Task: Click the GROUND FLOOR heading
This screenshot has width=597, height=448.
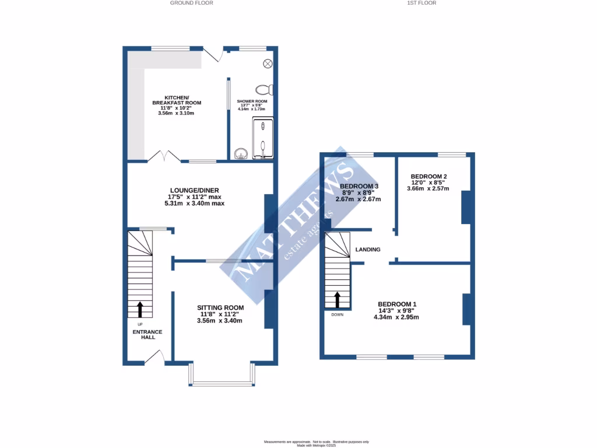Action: [191, 3]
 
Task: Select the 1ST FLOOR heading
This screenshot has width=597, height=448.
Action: [422, 3]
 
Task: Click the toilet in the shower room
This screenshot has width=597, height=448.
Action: [265, 90]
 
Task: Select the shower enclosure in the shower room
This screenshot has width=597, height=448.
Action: [262, 138]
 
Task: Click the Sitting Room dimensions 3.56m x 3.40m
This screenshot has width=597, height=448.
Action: [220, 321]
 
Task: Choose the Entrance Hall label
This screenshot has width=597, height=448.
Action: [147, 335]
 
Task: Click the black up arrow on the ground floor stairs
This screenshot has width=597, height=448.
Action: [139, 309]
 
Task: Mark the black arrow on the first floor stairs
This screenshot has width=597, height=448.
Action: [337, 299]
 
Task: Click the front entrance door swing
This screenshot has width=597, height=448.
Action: [154, 356]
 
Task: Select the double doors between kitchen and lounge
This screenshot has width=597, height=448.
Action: [163, 156]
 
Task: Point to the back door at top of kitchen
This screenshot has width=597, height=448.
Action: [215, 54]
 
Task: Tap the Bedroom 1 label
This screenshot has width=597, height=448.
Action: [396, 304]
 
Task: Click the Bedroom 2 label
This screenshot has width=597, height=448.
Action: [429, 176]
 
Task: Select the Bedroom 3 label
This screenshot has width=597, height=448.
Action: [359, 186]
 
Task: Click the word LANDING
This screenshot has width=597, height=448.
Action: [368, 250]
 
